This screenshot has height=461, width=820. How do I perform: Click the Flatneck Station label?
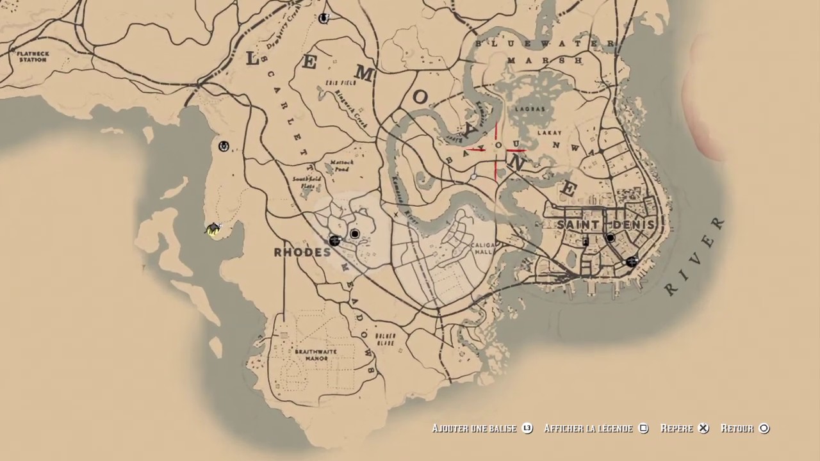coord(33,56)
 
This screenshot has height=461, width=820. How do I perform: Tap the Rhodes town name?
coord(302,252)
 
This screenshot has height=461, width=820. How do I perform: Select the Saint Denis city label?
coord(605,225)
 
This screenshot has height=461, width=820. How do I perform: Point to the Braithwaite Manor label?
coord(316,355)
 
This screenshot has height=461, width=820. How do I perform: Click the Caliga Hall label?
coord(480,249)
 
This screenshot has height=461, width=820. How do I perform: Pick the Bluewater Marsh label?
coord(545,52)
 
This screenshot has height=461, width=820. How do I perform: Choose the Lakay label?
coord(548,133)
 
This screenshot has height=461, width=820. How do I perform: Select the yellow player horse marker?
coord(213,229)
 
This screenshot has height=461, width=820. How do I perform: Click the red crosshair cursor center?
coord(496,150)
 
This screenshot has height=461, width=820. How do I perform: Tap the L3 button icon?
coord(527,428)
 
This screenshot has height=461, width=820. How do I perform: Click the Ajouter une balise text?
coord(473,428)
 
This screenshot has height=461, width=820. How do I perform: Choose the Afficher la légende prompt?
coord(587,428)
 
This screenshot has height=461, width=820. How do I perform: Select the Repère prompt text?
coord(676,428)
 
